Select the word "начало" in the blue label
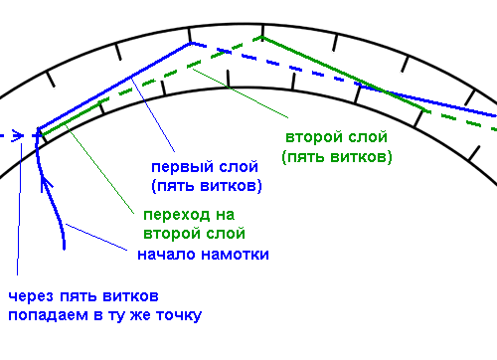(166, 255)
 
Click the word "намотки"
(236, 255)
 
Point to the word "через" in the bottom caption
(31, 296)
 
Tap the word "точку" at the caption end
(179, 316)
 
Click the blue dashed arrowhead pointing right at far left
(18, 136)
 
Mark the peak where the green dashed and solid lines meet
(261, 38)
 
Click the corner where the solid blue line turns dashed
(191, 43)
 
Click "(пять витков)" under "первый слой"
(207, 186)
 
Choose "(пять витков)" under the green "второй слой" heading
(337, 157)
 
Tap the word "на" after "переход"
(226, 216)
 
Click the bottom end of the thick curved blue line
(65, 248)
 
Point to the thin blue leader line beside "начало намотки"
(96, 237)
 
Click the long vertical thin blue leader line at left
(19, 210)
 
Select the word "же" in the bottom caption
(141, 315)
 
